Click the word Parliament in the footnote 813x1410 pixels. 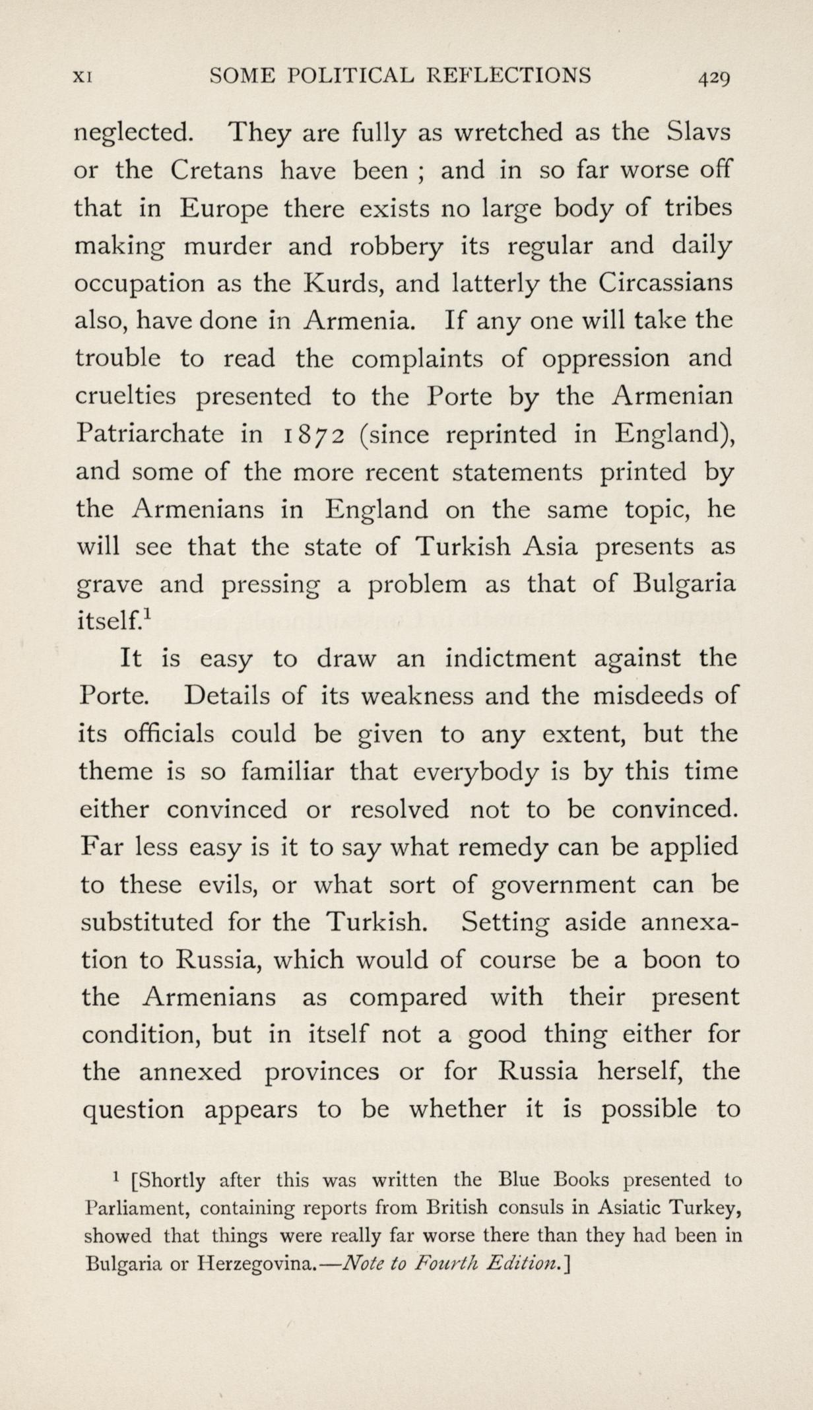point(139,1209)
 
